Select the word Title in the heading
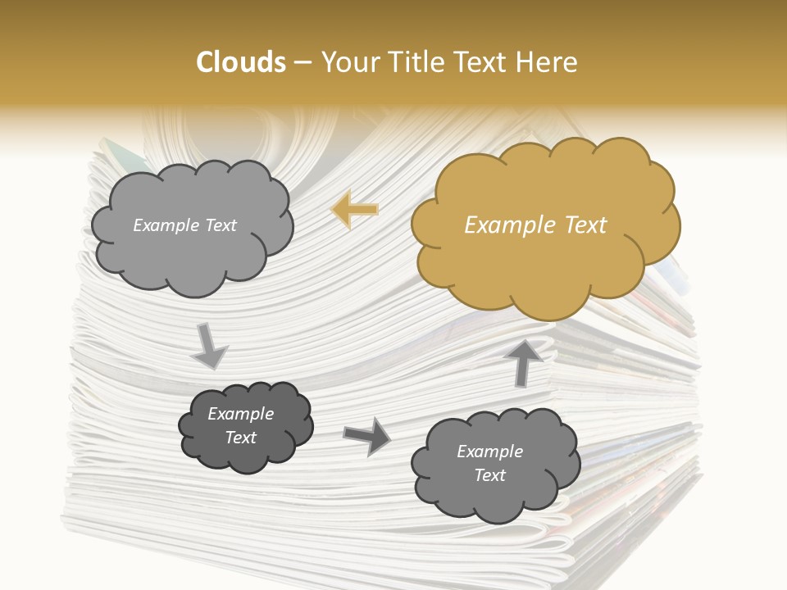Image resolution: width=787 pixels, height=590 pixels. click(x=411, y=62)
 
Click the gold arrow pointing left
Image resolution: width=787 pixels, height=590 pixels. click(x=354, y=209)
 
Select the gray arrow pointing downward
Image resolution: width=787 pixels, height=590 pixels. click(x=209, y=347)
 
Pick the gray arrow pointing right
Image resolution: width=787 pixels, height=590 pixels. click(x=366, y=436)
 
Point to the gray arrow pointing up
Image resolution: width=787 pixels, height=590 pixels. click(x=525, y=361)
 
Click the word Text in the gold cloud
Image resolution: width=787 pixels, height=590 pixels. click(x=585, y=225)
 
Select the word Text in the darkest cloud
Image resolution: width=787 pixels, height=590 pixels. click(x=240, y=438)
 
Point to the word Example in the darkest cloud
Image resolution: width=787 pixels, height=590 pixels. click(x=240, y=414)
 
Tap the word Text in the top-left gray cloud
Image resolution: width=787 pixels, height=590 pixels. click(x=220, y=225)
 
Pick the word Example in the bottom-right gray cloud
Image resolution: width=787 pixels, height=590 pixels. click(x=489, y=452)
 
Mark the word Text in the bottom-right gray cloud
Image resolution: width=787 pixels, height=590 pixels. click(x=489, y=475)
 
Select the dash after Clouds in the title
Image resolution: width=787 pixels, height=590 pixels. click(x=302, y=62)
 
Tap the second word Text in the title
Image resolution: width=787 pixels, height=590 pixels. click(x=481, y=62)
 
